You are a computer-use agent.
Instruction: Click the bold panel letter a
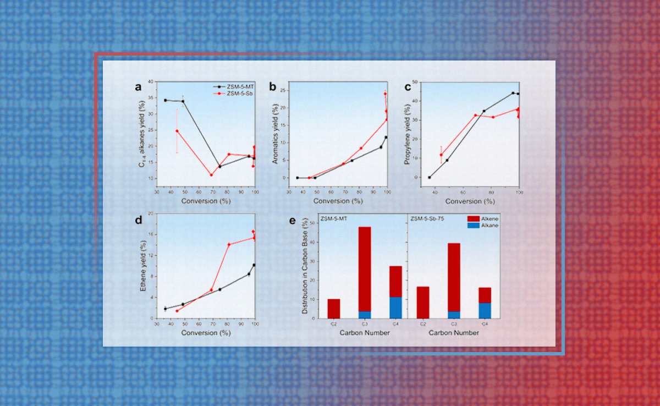[139, 86]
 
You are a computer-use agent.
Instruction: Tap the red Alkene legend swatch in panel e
[474, 218]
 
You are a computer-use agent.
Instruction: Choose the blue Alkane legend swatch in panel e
[474, 226]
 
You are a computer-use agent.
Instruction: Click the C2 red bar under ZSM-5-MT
[334, 309]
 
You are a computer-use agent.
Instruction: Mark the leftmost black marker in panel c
[430, 177]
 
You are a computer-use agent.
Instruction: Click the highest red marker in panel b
[385, 94]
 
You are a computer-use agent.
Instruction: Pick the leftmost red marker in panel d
[177, 311]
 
